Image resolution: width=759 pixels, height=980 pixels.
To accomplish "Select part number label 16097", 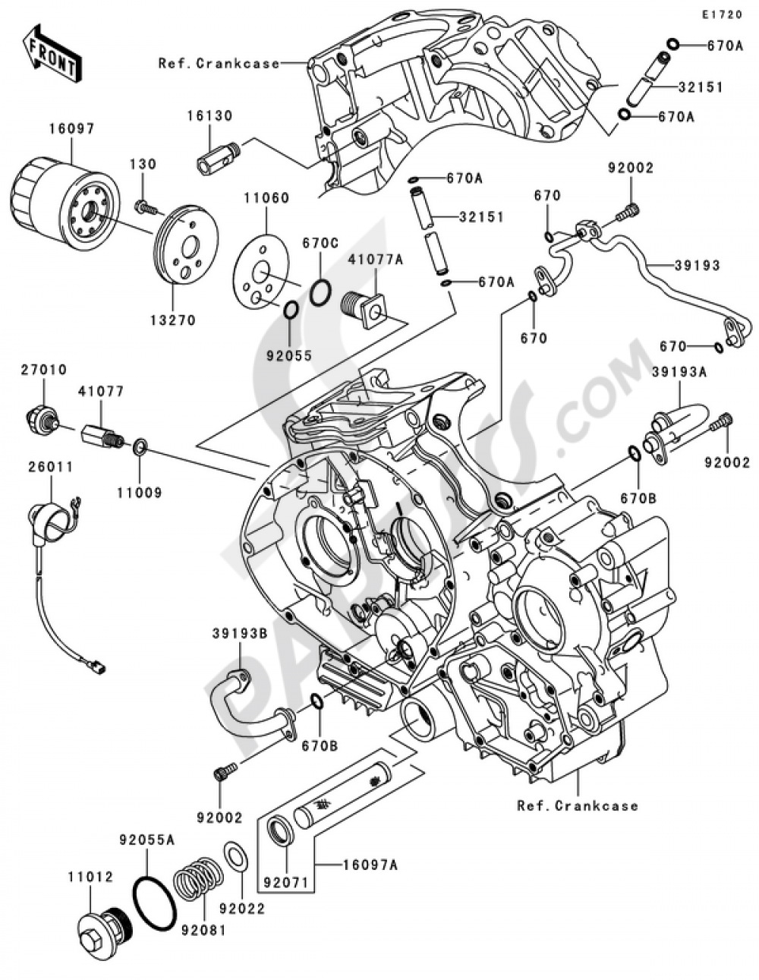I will [74, 129].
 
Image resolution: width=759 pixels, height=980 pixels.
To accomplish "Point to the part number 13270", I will [172, 320].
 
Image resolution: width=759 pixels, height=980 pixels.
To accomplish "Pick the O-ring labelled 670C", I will [321, 292].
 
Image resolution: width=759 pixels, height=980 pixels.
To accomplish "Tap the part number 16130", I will [211, 115].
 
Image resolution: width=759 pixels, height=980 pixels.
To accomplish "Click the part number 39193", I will [697, 266].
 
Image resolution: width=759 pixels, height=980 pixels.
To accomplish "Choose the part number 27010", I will [45, 370].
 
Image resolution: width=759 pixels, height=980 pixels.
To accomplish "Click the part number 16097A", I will [372, 864].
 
